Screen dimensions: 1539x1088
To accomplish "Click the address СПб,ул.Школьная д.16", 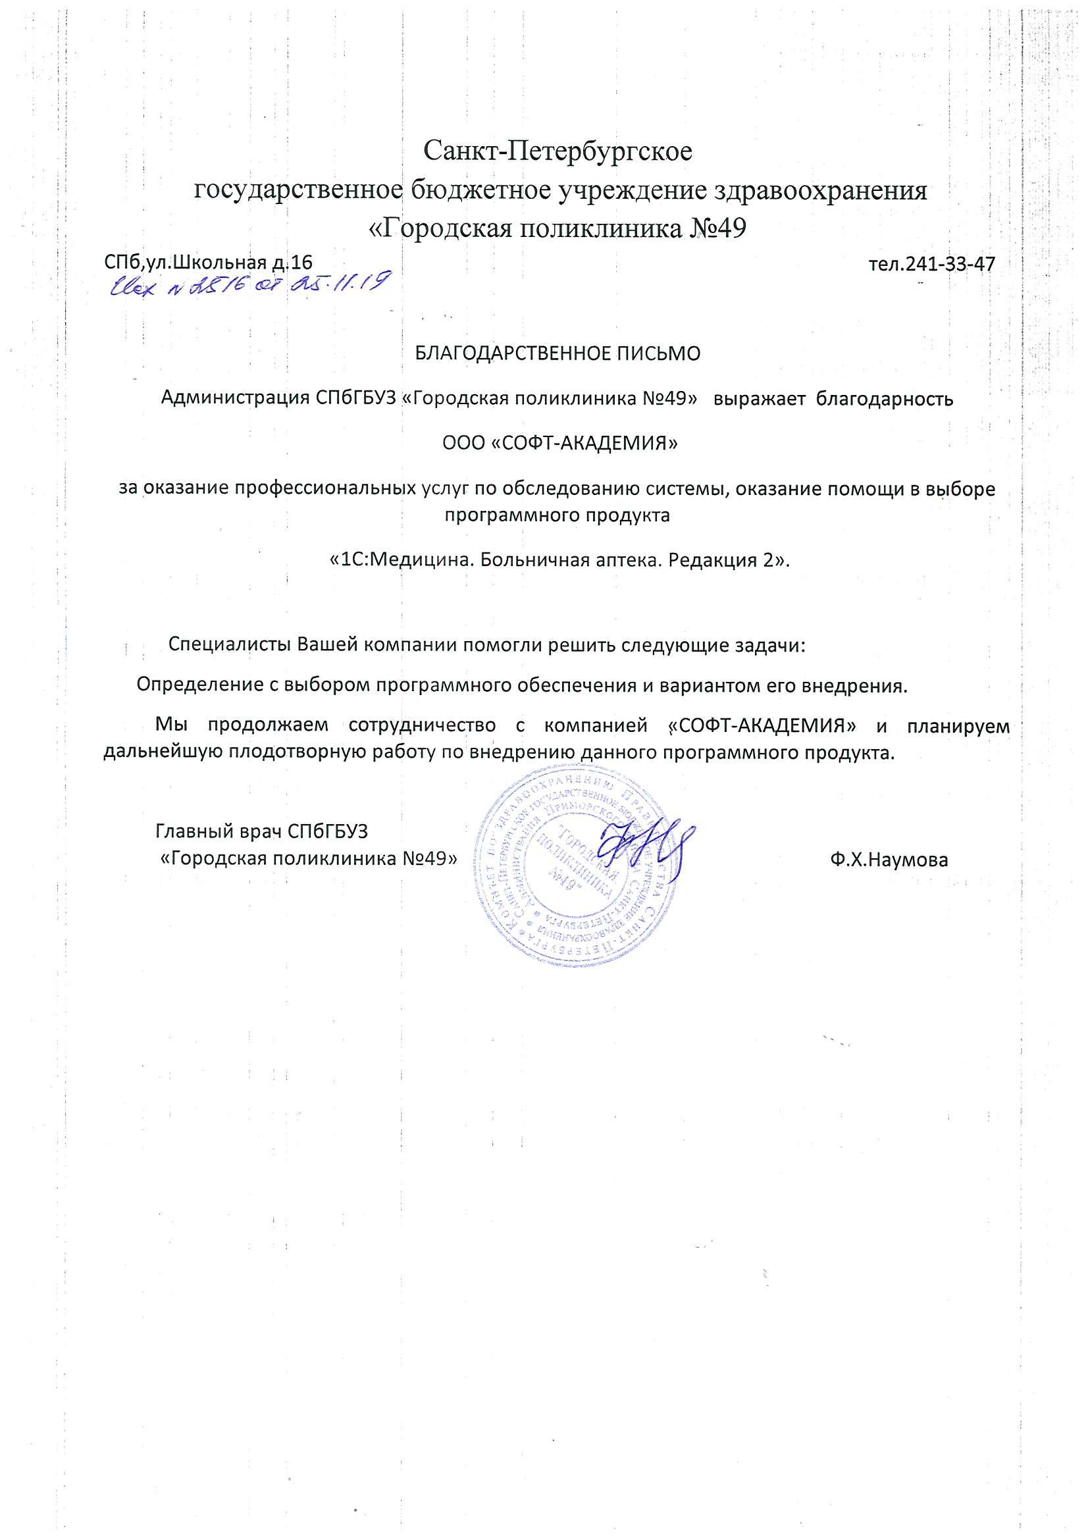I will [x=209, y=262].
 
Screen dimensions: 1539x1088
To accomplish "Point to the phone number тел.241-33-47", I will [x=931, y=263].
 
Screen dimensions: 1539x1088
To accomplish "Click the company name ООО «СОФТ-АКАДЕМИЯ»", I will [x=560, y=443].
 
